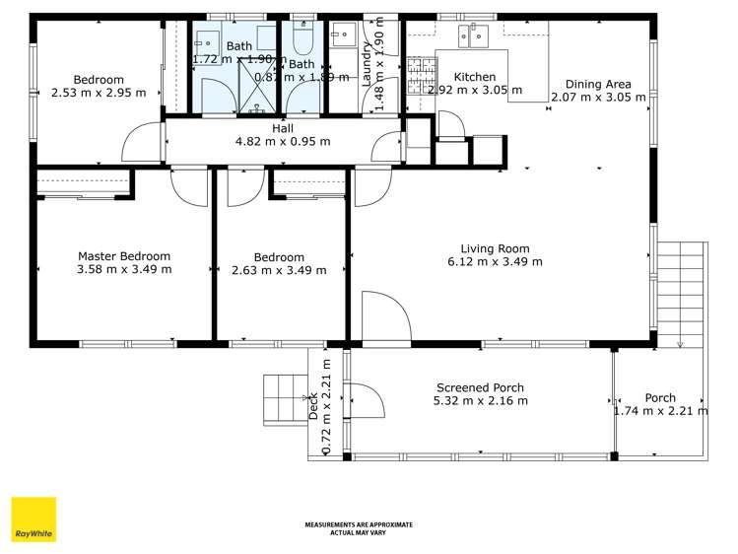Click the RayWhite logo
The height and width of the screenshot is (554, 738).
coord(34,519)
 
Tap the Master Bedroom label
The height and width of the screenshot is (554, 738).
coord(124,256)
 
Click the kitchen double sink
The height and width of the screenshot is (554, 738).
coord(473,36)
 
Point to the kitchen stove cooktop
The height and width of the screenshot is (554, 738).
coord(421,70)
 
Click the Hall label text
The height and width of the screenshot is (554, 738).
coord(283,127)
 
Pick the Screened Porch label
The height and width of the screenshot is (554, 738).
coord(480,387)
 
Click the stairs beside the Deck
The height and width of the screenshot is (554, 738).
coord(286,400)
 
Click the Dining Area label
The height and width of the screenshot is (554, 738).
coord(598,84)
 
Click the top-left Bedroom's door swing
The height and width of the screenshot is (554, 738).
coord(141,144)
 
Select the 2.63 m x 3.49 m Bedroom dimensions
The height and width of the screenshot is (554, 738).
coord(279,270)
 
